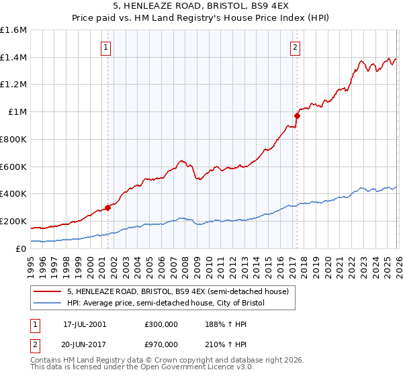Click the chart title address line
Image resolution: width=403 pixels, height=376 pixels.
pos(201,6)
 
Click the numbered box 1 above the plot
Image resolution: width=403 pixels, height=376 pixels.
pos(107,47)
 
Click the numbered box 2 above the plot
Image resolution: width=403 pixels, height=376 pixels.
pos(296,47)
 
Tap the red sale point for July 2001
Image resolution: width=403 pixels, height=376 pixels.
pos(107,207)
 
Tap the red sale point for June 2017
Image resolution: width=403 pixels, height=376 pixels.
pos(297,115)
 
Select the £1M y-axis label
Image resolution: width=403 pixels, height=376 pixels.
pos(18,112)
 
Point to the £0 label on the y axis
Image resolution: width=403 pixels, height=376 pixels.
pos(21,248)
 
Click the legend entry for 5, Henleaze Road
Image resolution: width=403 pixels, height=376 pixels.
pos(178,291)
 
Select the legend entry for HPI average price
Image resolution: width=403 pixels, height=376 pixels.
pos(166,303)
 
